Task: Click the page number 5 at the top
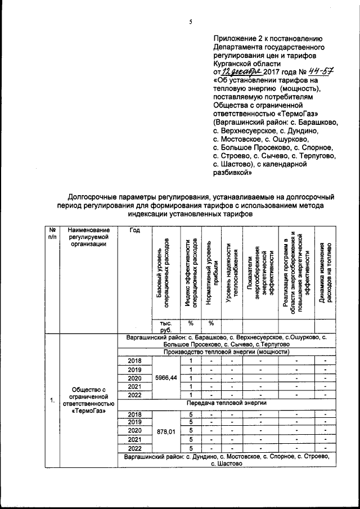coord(191,22)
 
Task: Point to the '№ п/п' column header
coord(52,234)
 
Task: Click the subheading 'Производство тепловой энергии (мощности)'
coord(226,352)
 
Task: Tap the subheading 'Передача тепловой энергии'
coord(226,404)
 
